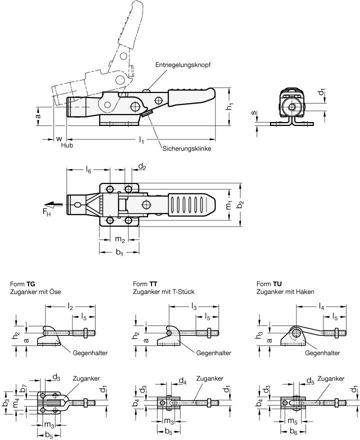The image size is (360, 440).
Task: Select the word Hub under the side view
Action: tap(66, 145)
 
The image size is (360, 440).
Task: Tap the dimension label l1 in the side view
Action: tap(141, 141)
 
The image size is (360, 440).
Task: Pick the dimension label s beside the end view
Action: tap(254, 115)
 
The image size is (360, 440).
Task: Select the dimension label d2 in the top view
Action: tap(142, 166)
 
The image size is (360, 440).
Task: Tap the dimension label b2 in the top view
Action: tap(240, 205)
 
